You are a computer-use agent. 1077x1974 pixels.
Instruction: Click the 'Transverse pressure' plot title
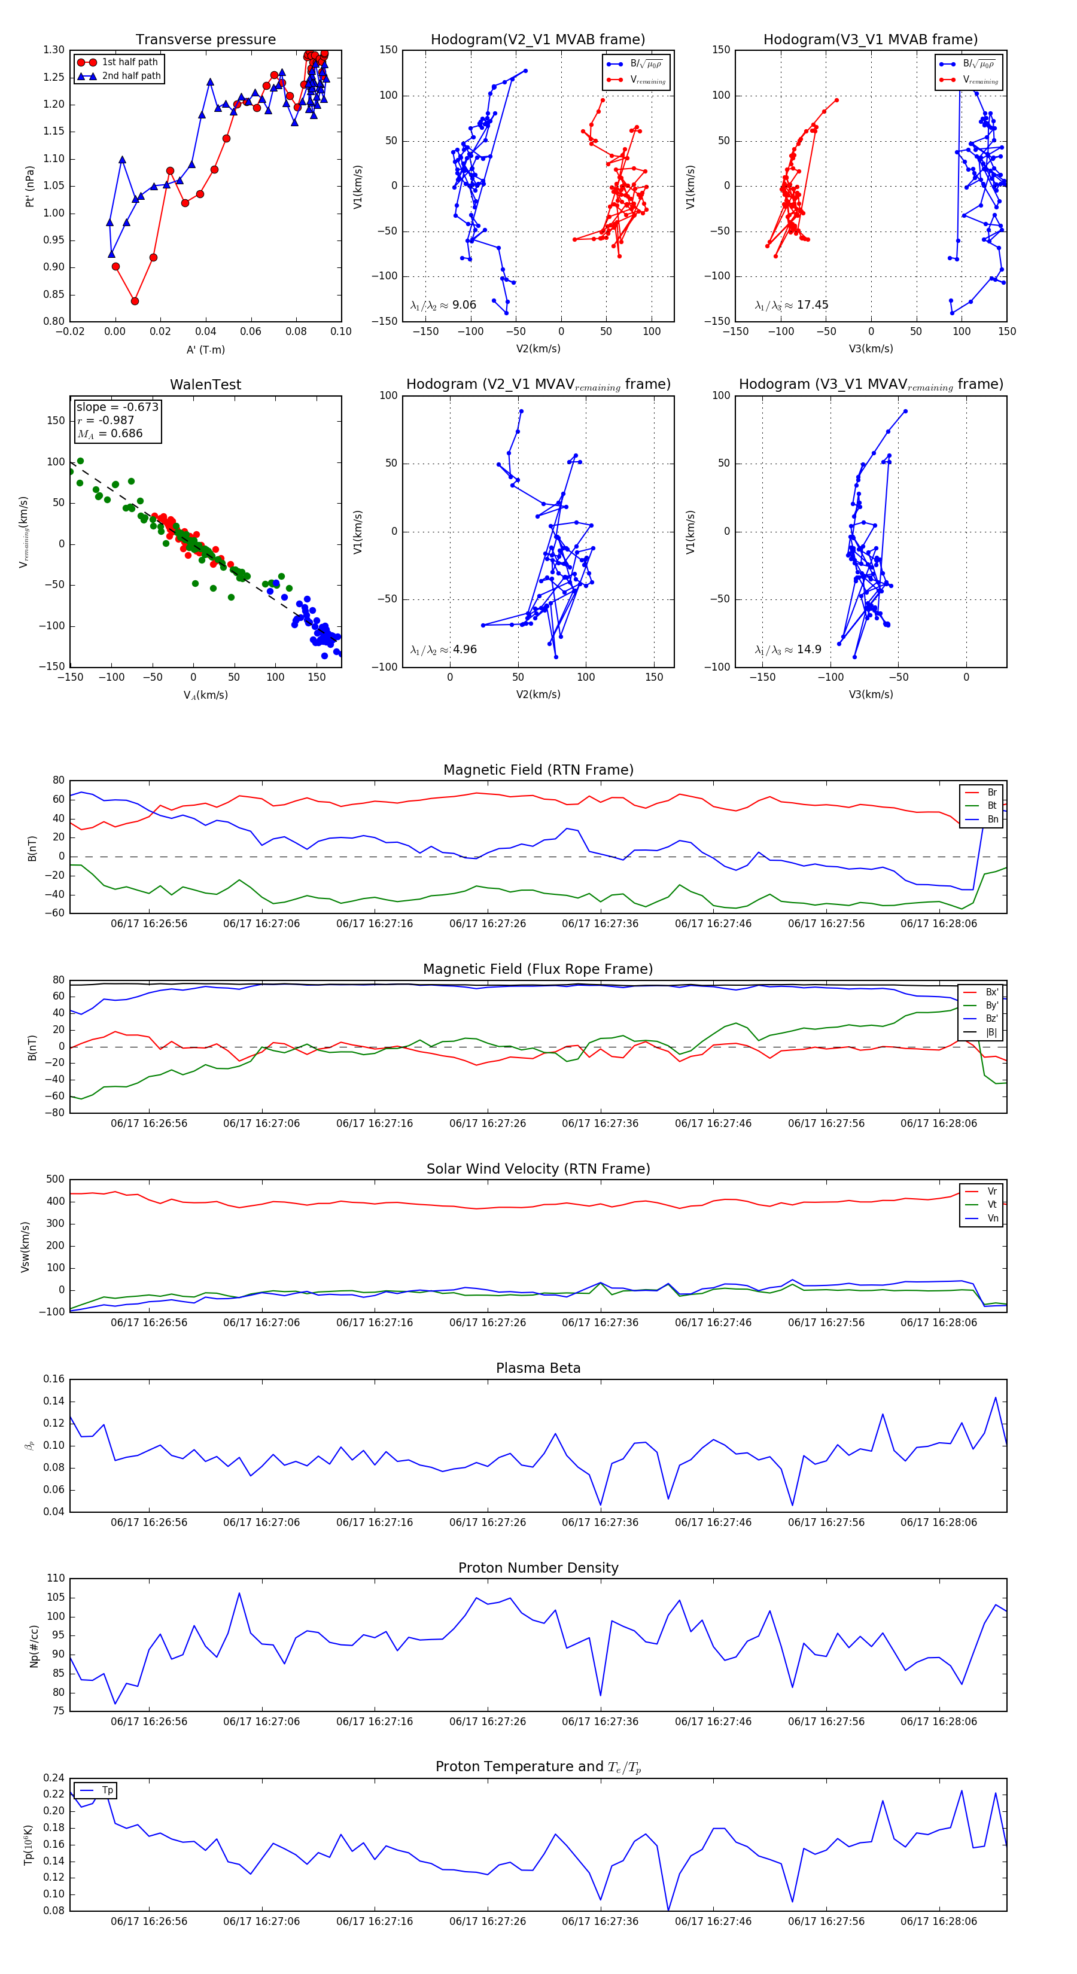(205, 40)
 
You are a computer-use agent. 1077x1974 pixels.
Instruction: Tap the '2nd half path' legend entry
(131, 76)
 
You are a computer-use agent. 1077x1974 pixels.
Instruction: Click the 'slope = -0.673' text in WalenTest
(117, 407)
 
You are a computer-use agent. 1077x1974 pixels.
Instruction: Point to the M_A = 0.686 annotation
(109, 434)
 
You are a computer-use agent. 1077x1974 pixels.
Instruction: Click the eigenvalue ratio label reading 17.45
(791, 305)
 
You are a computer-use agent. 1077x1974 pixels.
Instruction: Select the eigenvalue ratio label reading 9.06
(443, 305)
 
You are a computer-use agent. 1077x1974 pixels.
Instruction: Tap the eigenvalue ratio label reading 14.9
(788, 650)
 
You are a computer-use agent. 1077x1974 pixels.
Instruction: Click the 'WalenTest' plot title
(205, 385)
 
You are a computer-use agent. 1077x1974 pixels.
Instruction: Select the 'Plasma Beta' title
(538, 1368)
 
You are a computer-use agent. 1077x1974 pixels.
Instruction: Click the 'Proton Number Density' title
(538, 1568)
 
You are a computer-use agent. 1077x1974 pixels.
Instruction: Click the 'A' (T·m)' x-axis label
(205, 349)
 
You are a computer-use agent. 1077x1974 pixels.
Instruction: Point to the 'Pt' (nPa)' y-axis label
(30, 186)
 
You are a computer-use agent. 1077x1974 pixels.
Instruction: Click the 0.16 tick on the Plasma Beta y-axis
(54, 1379)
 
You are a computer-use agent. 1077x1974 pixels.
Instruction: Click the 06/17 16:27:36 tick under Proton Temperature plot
(600, 1921)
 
